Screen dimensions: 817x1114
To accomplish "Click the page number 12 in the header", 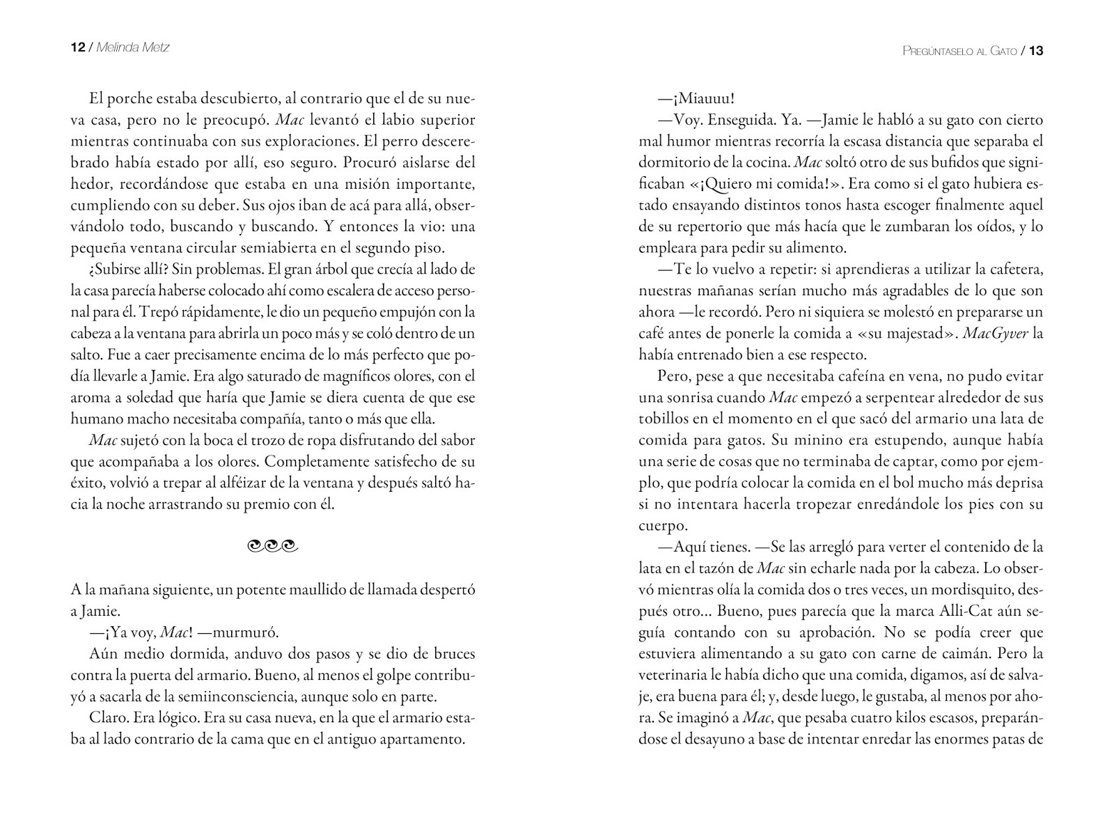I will (x=77, y=47).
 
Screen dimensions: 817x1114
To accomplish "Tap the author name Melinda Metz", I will (x=132, y=47).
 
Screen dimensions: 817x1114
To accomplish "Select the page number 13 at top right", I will (x=1035, y=51).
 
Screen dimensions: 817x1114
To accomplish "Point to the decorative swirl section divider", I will (x=272, y=547).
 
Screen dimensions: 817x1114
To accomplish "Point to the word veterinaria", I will (x=678, y=674).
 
